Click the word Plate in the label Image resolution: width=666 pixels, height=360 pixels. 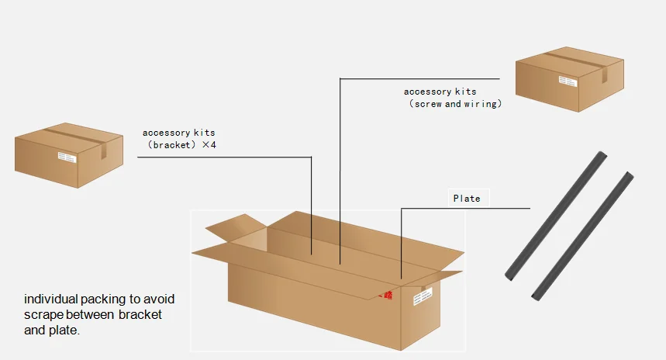click(467, 199)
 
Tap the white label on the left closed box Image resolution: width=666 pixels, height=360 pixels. click(66, 158)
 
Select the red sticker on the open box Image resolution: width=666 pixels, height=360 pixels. click(385, 296)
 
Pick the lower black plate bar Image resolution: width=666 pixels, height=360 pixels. click(582, 236)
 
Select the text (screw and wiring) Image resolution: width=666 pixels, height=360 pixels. click(455, 104)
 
